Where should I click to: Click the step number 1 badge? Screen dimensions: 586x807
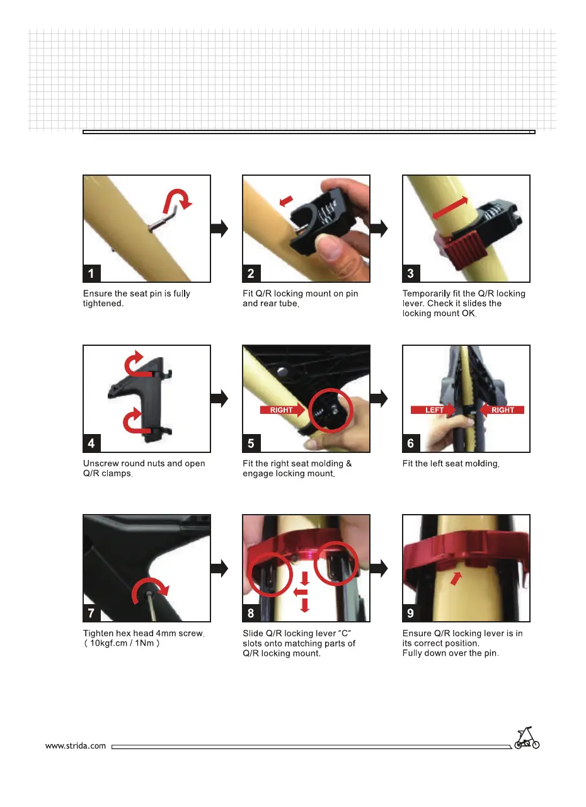(x=91, y=273)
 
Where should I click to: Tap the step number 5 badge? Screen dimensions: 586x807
(x=251, y=443)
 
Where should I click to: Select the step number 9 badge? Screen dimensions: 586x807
(x=411, y=613)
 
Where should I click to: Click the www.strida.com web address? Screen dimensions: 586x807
(x=76, y=746)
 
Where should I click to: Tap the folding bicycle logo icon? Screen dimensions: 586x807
(x=527, y=738)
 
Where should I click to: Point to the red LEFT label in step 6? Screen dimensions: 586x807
(x=433, y=410)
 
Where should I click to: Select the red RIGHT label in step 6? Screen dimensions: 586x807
(x=502, y=410)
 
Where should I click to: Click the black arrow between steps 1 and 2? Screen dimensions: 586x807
(x=219, y=229)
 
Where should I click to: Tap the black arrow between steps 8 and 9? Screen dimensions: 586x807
(x=379, y=568)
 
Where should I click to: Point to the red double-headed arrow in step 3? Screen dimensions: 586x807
(x=450, y=209)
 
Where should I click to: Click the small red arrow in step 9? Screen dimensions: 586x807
(x=456, y=578)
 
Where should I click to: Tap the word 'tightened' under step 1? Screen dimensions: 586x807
(x=103, y=304)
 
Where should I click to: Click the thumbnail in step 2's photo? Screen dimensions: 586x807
(x=330, y=247)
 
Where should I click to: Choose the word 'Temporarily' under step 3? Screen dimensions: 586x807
(x=427, y=294)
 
